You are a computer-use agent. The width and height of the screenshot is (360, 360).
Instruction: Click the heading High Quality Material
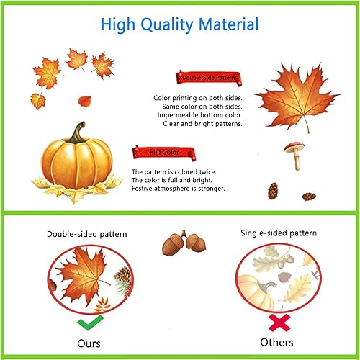point(179,24)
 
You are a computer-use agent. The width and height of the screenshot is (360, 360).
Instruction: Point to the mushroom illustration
point(293,153)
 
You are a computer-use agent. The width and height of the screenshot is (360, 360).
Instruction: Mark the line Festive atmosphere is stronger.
point(178,189)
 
